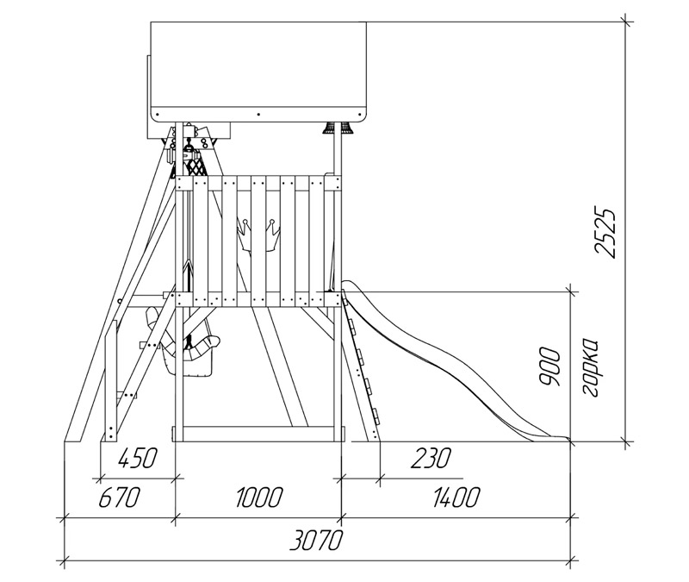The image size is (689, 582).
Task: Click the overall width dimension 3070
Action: click(315, 541)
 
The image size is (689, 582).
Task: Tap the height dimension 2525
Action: click(605, 232)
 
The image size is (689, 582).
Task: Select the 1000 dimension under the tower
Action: click(259, 498)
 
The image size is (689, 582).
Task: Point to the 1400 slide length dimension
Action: click(456, 498)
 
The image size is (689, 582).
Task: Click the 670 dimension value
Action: click(119, 498)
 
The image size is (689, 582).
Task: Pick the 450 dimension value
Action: click(137, 458)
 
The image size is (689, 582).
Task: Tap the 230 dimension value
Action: click(431, 458)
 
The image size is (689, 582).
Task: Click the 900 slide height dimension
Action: click(549, 367)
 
